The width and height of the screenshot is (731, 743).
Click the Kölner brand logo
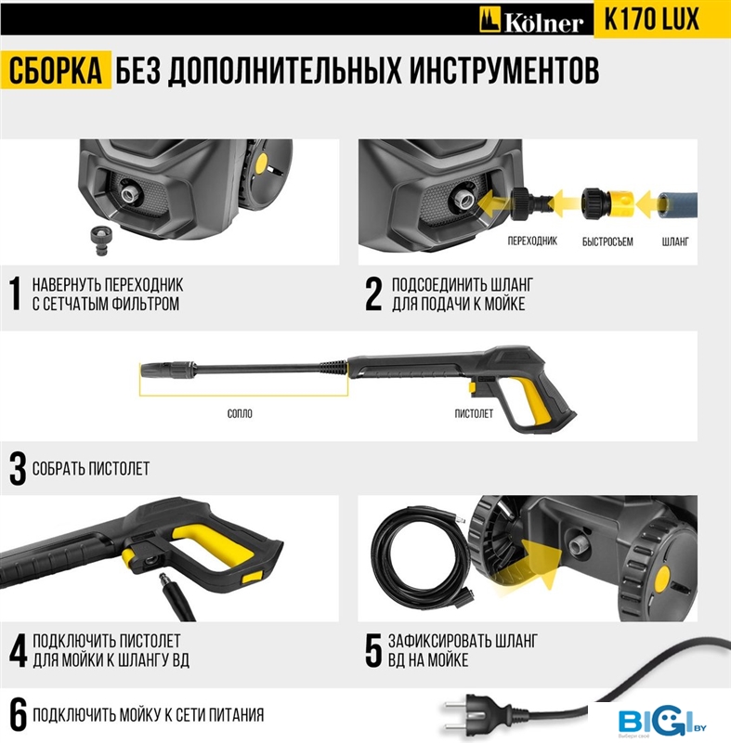(530, 20)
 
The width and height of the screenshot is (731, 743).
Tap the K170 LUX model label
(651, 20)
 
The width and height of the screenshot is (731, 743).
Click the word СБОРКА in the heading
(56, 71)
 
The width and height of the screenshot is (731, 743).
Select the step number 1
(16, 293)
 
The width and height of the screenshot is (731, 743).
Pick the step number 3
(18, 470)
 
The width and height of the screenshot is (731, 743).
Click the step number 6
(18, 714)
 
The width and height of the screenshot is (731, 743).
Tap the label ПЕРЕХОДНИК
(532, 241)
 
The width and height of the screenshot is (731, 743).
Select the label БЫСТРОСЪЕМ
(607, 241)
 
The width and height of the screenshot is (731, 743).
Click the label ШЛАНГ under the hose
(675, 241)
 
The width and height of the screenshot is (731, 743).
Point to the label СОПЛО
(240, 413)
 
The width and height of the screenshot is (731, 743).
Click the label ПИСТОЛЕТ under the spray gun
(474, 413)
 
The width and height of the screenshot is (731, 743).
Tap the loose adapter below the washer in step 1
(100, 241)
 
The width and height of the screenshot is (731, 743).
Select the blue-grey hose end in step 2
(677, 203)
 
